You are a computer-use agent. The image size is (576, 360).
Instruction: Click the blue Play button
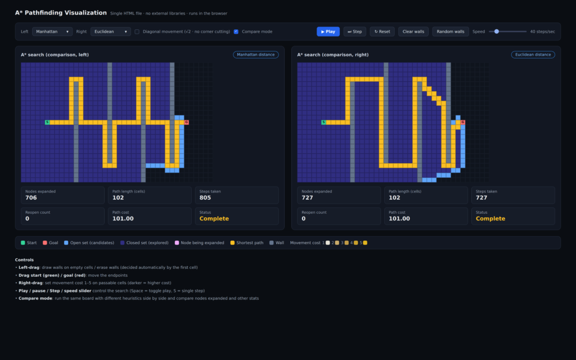[328, 31]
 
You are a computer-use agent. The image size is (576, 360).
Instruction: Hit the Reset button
[382, 31]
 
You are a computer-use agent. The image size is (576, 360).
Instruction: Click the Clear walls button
[413, 31]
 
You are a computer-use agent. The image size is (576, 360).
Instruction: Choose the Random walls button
[451, 31]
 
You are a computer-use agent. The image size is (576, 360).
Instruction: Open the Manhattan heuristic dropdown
[52, 31]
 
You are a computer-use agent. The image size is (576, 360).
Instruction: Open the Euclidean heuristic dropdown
[111, 31]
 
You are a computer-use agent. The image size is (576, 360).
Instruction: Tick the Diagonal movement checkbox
[137, 31]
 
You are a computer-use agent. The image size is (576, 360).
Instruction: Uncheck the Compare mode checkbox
[236, 31]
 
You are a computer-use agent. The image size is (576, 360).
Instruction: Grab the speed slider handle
[497, 31]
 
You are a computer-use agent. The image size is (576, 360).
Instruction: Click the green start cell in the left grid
[47, 122]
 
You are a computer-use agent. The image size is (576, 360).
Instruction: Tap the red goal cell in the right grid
[463, 122]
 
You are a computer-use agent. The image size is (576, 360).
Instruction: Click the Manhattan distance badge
[256, 55]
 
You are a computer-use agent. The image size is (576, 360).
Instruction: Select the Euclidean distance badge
[533, 55]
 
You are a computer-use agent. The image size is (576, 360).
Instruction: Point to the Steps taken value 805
[205, 197]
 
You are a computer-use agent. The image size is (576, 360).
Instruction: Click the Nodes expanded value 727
[307, 197]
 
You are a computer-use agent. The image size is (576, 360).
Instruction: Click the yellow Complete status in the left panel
[214, 219]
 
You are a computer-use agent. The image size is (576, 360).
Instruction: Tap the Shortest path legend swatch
[232, 243]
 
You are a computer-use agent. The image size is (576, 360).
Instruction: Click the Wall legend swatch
[272, 243]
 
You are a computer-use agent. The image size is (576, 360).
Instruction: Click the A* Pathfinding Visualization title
[61, 13]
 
